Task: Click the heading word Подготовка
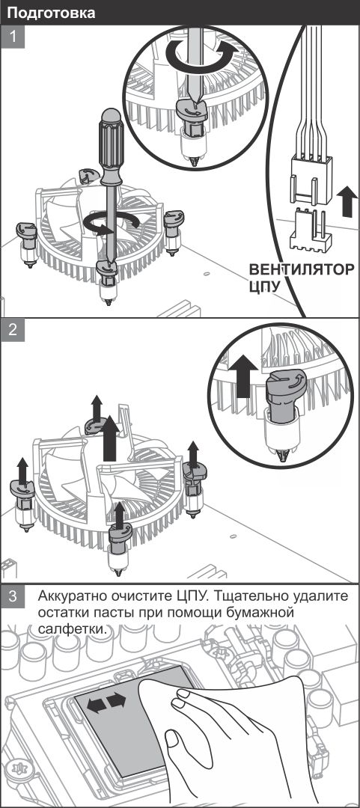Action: click(52, 13)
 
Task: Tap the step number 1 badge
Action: click(13, 37)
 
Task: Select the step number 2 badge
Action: click(13, 331)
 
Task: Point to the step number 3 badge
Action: click(13, 597)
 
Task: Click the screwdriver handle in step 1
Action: click(112, 146)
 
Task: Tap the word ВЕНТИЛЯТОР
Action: click(302, 269)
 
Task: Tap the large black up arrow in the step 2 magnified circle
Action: click(242, 376)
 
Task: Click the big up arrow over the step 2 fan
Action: click(110, 438)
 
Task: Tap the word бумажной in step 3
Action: click(259, 613)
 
